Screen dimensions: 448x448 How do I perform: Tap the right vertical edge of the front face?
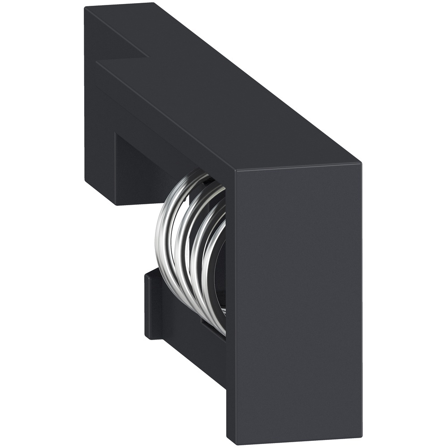pyautogui.click(x=361, y=300)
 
